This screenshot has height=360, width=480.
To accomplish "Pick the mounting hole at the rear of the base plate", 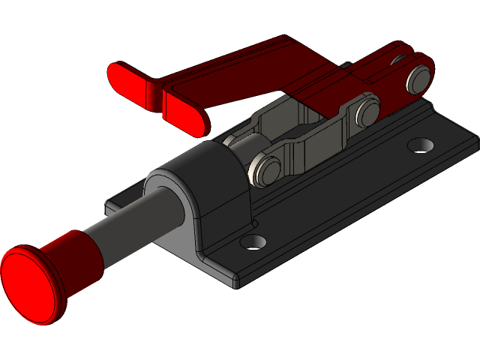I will click(421, 143).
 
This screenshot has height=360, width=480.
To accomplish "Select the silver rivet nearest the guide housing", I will click(265, 169).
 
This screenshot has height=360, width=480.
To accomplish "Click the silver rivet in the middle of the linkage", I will click(367, 112).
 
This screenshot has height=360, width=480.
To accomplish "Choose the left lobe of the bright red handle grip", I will click(132, 85).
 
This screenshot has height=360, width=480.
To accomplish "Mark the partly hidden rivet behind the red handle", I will click(343, 66).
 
